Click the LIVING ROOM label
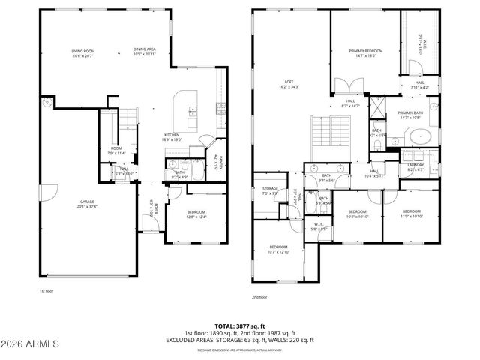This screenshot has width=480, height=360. [82, 53]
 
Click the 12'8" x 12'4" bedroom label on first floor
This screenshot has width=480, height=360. [196, 214]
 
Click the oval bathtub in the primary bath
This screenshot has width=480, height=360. [420, 137]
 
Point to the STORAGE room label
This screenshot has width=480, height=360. [270, 190]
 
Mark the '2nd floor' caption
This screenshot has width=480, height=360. [259, 297]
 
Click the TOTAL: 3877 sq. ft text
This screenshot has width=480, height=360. [240, 326]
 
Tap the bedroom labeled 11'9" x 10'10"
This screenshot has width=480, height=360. [411, 214]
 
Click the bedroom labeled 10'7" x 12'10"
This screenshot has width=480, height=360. [278, 249]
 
